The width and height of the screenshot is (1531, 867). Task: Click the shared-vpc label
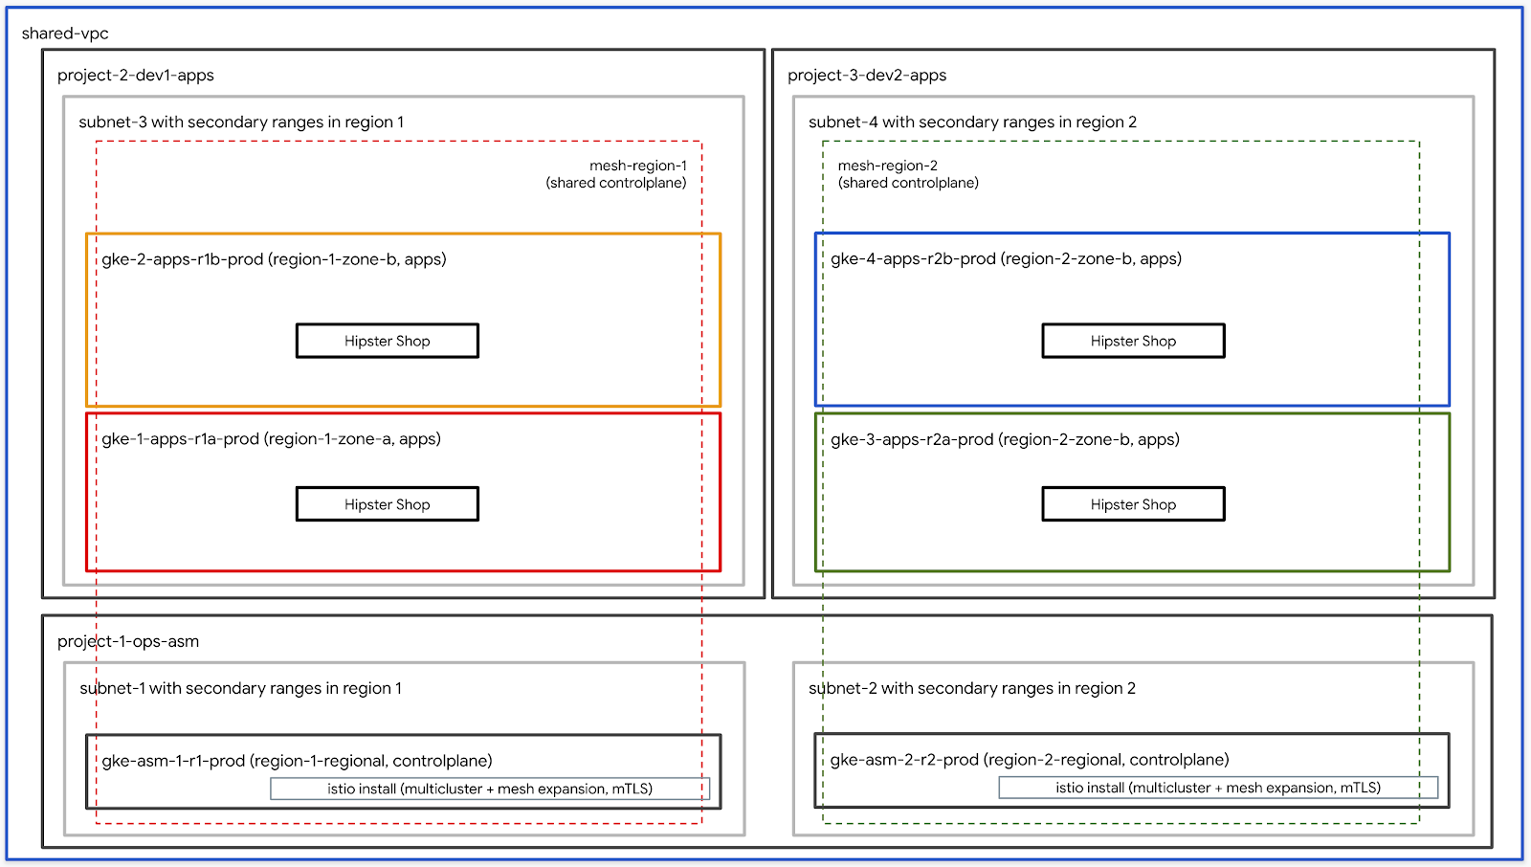click(65, 33)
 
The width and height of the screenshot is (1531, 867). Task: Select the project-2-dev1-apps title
click(136, 76)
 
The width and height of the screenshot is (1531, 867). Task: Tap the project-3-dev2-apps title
click(867, 76)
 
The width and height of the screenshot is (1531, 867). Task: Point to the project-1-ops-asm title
click(128, 641)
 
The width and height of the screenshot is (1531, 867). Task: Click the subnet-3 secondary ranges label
click(241, 122)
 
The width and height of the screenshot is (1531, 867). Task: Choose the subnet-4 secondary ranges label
click(972, 122)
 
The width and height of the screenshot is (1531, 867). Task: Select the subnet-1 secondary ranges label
click(241, 689)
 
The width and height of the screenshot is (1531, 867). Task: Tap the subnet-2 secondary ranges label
click(972, 689)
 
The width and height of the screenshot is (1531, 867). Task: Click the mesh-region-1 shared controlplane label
click(617, 174)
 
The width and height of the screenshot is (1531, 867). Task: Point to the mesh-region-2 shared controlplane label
click(908, 174)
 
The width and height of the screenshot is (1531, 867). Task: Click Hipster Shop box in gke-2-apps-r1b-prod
click(388, 341)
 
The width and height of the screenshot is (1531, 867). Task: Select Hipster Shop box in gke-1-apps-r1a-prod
click(388, 504)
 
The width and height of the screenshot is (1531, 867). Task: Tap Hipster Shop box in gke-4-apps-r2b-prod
click(1133, 341)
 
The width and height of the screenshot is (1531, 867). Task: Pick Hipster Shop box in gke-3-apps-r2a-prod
click(1133, 504)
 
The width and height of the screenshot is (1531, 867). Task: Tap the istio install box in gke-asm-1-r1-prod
click(490, 789)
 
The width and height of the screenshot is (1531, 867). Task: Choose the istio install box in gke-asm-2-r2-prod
click(1218, 788)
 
